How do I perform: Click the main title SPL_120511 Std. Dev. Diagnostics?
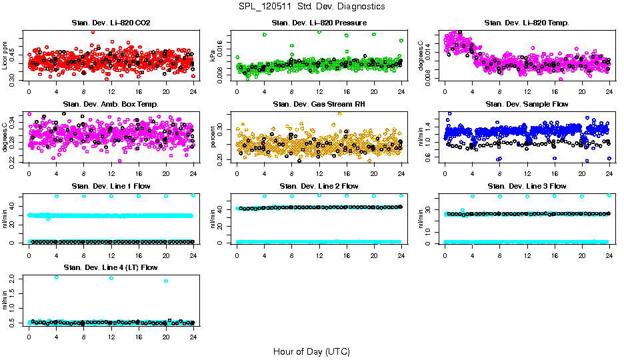point(311,7)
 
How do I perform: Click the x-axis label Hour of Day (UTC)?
point(311,351)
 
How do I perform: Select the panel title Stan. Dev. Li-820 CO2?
point(111,23)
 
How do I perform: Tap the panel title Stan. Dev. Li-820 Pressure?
point(319,23)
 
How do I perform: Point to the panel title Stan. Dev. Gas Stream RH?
point(319,105)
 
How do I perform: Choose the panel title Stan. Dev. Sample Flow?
point(527,105)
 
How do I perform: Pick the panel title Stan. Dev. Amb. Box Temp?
point(111,105)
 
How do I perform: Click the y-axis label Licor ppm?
point(5,56)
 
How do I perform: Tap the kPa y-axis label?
point(213,56)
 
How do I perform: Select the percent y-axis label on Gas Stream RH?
point(213,137)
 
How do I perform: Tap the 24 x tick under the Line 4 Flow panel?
point(193,336)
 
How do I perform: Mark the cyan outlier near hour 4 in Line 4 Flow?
point(56,277)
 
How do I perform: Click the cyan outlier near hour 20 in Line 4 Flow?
point(166,281)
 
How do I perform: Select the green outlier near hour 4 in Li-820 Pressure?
point(265,35)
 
